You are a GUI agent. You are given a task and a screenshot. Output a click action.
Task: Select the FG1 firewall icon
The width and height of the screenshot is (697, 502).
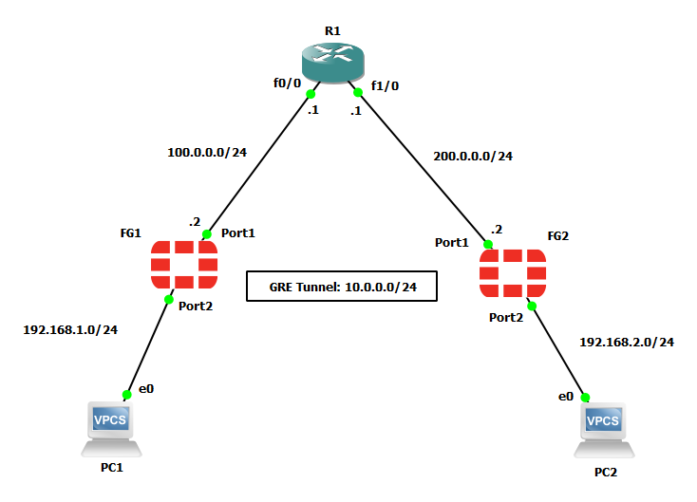point(183,265)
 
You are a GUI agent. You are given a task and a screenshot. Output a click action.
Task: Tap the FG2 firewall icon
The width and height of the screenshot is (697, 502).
point(513,275)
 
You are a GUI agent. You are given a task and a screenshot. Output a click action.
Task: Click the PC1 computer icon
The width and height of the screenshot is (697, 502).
point(111,427)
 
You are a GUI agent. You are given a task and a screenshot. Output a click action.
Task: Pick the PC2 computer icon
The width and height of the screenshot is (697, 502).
point(603,430)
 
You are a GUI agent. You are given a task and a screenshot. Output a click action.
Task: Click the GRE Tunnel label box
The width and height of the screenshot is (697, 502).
point(342,287)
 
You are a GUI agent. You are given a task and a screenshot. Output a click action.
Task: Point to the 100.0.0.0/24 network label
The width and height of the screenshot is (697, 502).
point(207,151)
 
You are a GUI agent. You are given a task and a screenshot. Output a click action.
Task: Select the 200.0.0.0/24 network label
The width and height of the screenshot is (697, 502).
point(472,156)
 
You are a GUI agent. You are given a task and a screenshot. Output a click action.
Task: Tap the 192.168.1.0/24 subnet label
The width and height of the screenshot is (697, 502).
point(70,330)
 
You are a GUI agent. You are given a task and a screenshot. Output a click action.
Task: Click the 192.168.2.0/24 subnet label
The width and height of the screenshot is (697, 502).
point(626,342)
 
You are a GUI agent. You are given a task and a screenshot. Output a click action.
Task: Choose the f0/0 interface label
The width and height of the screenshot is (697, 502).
point(288,83)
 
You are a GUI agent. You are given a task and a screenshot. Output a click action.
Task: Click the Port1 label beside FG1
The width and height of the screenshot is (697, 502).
point(238,232)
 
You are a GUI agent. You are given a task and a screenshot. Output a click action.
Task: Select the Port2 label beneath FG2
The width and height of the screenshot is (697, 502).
point(506,317)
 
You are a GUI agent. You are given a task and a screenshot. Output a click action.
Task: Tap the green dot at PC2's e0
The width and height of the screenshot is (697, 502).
point(585,397)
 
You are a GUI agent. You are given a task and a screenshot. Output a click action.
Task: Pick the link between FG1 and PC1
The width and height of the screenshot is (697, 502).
point(147,346)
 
